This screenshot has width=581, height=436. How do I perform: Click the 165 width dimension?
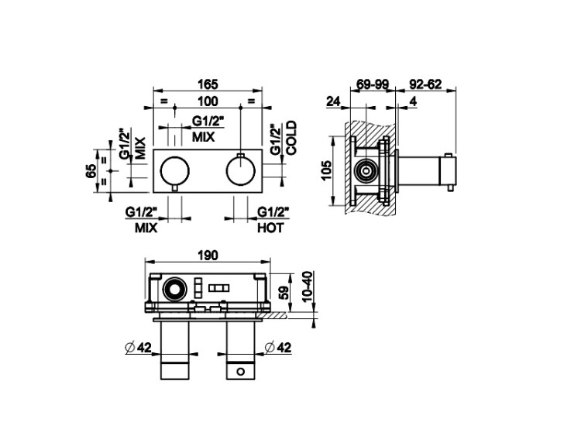tap(208, 84)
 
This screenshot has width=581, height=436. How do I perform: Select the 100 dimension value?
tap(208, 101)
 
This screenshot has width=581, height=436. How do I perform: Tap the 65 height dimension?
tap(91, 171)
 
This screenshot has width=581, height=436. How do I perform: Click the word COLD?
tap(292, 137)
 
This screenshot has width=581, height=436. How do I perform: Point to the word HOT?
tap(270, 228)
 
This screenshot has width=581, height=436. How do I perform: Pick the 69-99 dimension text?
tap(373, 84)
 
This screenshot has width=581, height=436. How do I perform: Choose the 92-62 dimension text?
tap(425, 84)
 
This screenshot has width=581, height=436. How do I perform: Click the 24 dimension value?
tap(333, 101)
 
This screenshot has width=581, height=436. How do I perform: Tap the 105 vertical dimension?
tap(326, 170)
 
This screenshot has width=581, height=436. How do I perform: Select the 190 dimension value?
tap(208, 256)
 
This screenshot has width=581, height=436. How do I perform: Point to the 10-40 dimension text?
tap(308, 287)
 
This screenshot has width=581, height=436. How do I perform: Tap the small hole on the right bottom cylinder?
tap(241, 371)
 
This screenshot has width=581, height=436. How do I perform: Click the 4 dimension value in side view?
tap(413, 101)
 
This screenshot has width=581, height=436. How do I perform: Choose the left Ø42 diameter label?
tap(139, 348)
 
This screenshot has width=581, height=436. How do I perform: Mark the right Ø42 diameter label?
tap(278, 348)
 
